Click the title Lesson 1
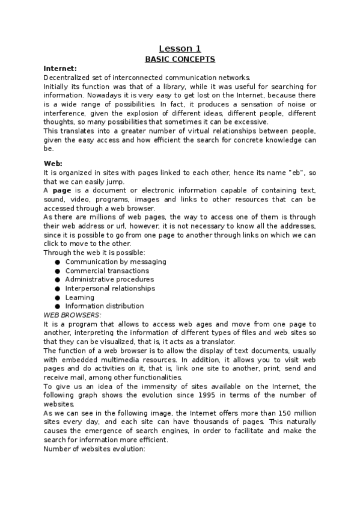[180, 49]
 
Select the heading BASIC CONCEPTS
[180, 60]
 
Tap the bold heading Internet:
[60, 69]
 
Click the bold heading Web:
[53, 164]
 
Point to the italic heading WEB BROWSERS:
[73, 315]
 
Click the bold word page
[63, 190]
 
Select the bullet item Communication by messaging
[116, 262]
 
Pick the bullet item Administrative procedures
[109, 280]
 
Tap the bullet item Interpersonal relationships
[109, 288]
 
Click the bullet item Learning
[80, 297]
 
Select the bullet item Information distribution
[105, 306]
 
